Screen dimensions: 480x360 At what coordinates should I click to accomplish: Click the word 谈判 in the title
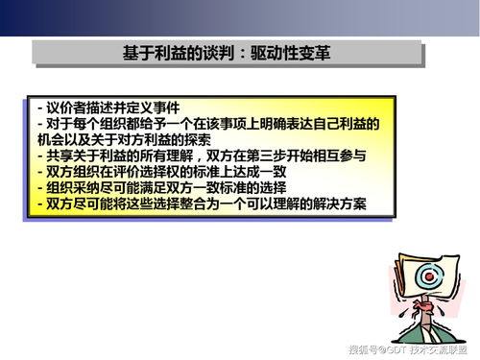(218, 53)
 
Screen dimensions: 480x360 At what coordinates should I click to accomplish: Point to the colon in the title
(242, 54)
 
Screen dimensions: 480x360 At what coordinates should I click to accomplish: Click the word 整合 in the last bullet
(193, 204)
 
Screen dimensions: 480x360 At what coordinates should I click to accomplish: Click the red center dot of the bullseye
(429, 276)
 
